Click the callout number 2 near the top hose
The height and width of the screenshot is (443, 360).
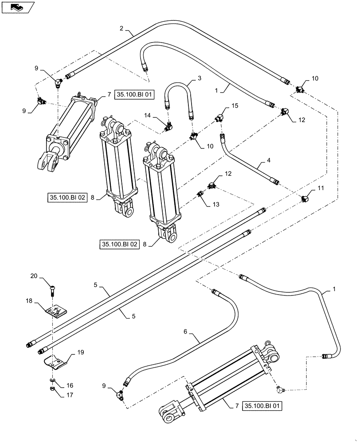[121, 28]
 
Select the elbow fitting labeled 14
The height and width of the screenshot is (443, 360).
[168, 128]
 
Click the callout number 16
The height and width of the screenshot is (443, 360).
[70, 385]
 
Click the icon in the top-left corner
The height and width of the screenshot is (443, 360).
[18, 7]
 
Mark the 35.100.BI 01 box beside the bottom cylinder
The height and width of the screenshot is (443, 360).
[262, 405]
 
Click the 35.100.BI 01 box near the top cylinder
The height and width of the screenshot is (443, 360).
[135, 94]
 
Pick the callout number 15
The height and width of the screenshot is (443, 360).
[235, 105]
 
